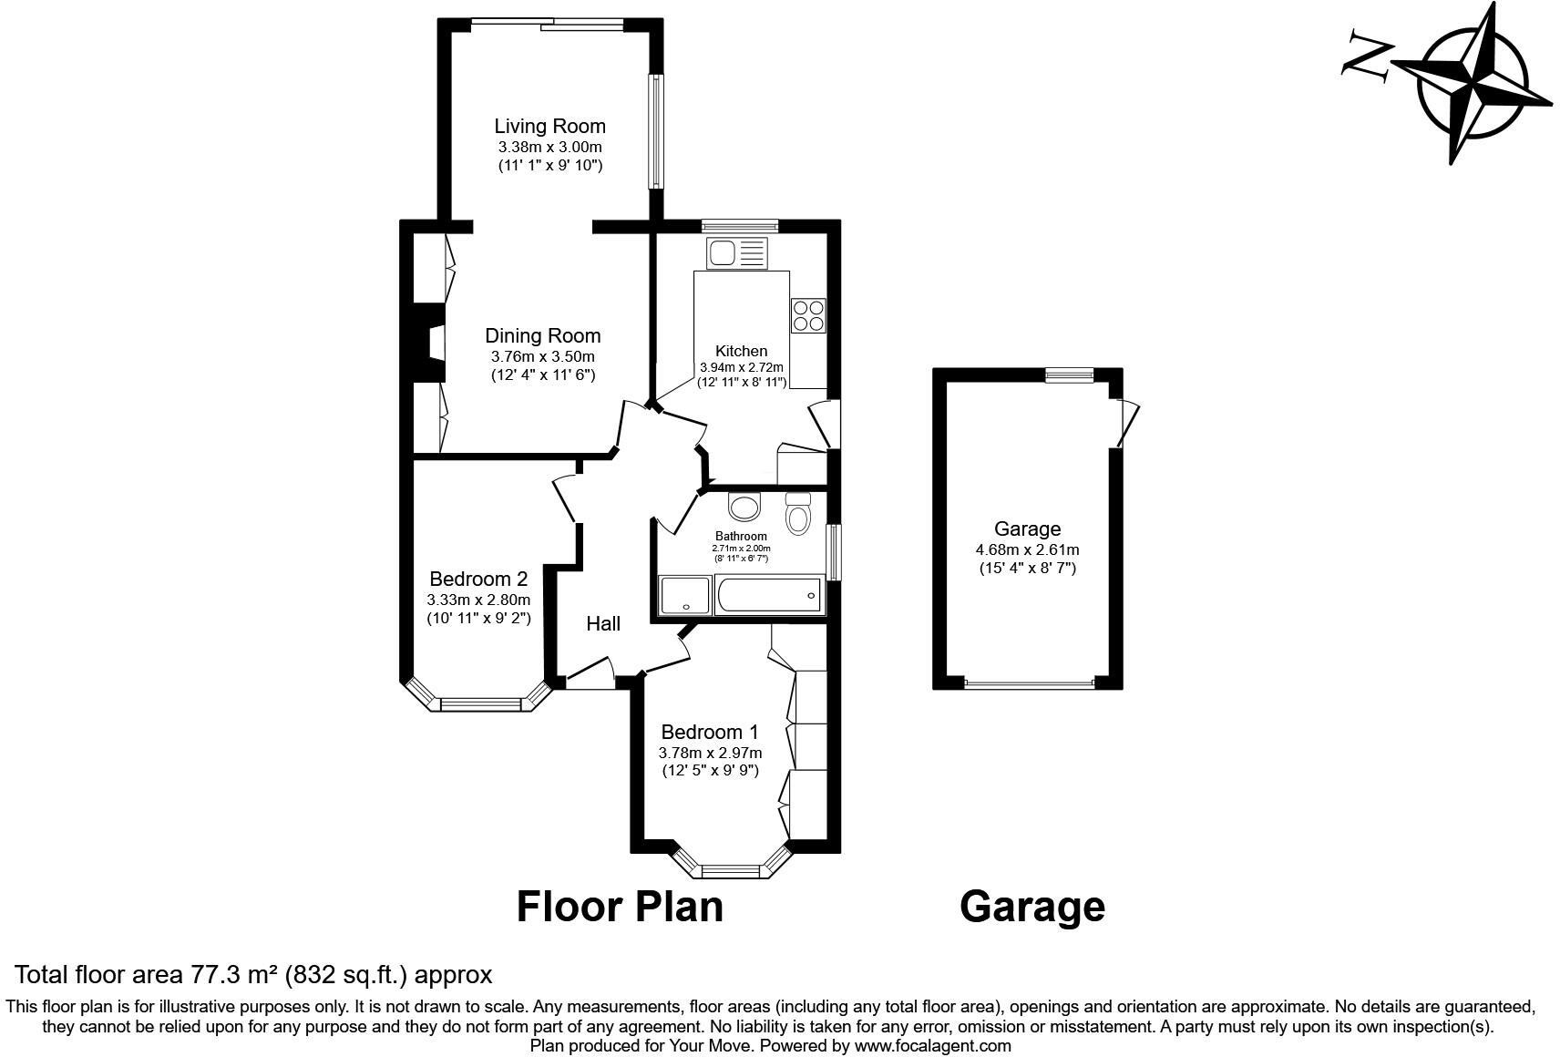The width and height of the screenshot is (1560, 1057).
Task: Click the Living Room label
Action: coord(549,126)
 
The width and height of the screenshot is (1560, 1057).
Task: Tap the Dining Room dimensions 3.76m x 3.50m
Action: coord(542,356)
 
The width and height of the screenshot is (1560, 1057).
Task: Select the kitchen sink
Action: coord(737,252)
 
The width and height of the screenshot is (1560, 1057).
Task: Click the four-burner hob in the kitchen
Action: coord(808,315)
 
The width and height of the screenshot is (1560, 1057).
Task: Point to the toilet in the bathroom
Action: coord(798,515)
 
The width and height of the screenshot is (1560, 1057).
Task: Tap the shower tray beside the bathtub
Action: coord(682,596)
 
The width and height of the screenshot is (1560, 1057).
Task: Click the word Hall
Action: coord(603,623)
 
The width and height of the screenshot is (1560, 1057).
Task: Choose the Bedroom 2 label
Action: coord(478,579)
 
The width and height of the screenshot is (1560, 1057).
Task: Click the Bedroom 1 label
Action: coord(710,732)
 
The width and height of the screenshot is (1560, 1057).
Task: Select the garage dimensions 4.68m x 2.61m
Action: coord(1027,549)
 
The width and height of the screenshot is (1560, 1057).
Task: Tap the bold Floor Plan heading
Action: coord(620,907)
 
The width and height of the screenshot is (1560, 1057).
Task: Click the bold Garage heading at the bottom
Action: coord(1032,907)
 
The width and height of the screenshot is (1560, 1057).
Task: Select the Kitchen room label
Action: coord(741,351)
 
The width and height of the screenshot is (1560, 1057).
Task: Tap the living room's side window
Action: coord(655,131)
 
